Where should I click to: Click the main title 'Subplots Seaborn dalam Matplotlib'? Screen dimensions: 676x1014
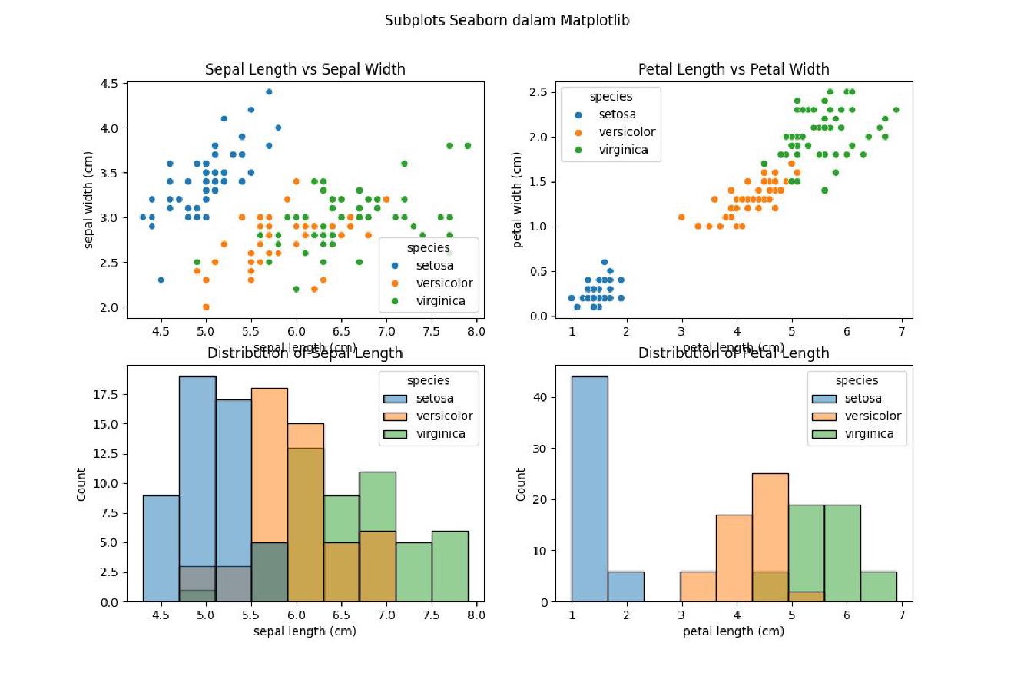point(507,21)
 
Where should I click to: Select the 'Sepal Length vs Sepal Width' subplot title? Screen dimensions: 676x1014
point(305,69)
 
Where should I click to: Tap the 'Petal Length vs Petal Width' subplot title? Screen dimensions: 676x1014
point(734,69)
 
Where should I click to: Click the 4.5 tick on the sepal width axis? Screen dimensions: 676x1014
point(109,83)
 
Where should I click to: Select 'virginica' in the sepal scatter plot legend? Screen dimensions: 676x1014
point(440,300)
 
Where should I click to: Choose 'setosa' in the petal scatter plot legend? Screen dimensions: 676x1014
point(617,114)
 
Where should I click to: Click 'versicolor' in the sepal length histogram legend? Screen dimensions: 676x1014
point(444,416)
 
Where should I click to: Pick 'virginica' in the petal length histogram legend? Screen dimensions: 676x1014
point(869,434)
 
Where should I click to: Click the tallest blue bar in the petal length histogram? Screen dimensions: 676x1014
point(589,489)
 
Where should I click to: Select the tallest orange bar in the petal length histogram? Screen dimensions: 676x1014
point(770,538)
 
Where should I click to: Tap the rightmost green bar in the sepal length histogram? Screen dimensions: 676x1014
point(449,566)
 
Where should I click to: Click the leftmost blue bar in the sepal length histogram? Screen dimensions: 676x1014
point(161,548)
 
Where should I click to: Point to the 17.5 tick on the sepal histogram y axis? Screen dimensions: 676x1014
point(105,395)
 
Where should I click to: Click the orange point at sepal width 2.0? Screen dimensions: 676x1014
point(206,307)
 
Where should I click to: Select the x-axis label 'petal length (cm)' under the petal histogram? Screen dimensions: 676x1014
point(734,631)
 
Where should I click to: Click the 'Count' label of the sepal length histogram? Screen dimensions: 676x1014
point(81,483)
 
